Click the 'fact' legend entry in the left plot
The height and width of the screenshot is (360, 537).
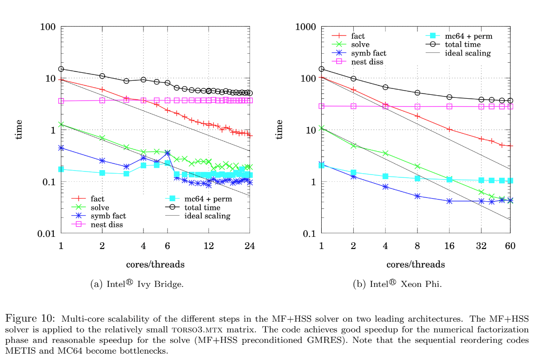coord(97,198)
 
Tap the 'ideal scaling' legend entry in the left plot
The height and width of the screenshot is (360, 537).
coord(207,216)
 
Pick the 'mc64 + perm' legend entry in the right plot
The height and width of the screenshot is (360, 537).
coord(468,36)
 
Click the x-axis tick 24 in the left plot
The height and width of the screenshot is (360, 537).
coord(250,246)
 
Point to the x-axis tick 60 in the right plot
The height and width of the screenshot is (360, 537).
coord(510,246)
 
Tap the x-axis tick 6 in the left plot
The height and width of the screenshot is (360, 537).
coord(167,246)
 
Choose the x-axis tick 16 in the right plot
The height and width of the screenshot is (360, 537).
coord(449,246)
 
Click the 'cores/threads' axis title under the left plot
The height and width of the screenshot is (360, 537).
coord(155,263)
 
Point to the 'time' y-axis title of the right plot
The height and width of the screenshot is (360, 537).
coord(279,129)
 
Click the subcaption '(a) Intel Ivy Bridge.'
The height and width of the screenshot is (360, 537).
coord(137,284)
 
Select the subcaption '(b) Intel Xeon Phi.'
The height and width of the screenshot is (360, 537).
coord(399,284)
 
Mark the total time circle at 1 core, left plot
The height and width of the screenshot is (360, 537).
coord(61,69)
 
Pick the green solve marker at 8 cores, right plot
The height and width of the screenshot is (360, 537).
coord(417,166)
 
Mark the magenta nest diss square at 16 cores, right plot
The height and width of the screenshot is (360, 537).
coord(449,106)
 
